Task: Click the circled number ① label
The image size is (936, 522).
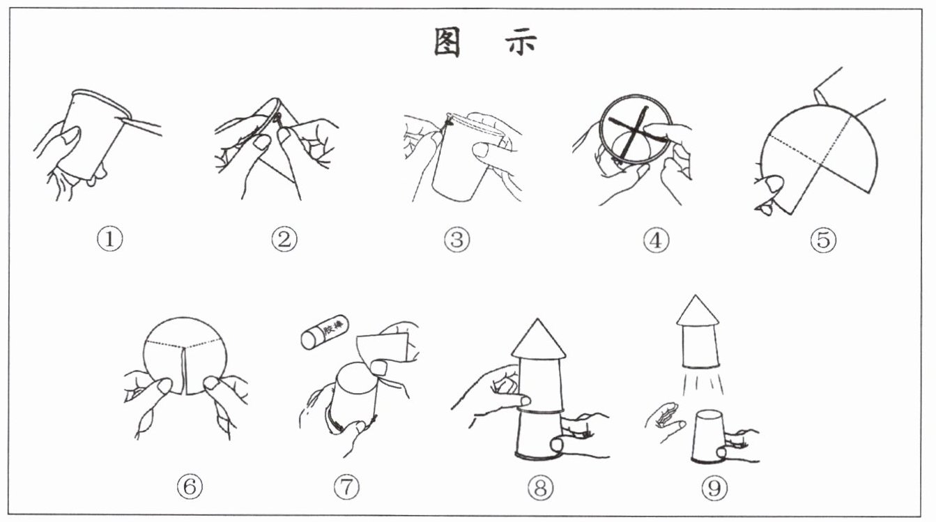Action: pos(109,240)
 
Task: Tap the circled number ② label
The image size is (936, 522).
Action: pos(284,240)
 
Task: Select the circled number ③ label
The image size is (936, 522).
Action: pos(457,240)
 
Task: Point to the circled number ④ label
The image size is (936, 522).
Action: pos(656,240)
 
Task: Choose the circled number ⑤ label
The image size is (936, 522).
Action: pos(822,240)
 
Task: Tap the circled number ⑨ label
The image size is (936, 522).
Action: pos(714,488)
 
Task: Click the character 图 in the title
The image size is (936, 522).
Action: pos(447,43)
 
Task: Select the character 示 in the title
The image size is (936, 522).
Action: pos(521,43)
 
